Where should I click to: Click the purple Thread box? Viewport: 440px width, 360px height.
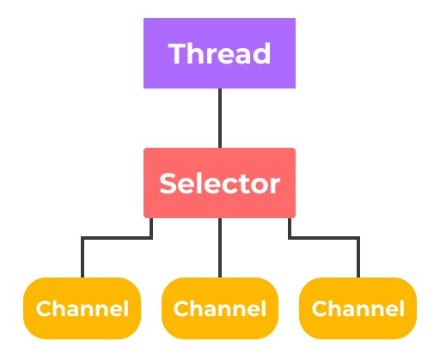click(219, 53)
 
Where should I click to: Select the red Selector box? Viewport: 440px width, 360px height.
click(219, 183)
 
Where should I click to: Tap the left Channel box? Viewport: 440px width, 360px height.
click(82, 308)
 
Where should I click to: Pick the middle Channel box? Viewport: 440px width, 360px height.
click(220, 308)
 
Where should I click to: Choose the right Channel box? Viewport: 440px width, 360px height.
click(357, 308)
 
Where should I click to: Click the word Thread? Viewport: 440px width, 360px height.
click(219, 53)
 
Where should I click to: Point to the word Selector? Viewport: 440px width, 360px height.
click(219, 183)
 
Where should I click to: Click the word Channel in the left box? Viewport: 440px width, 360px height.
click(82, 308)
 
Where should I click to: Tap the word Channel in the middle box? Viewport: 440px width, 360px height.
click(220, 308)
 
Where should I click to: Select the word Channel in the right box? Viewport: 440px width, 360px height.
click(358, 308)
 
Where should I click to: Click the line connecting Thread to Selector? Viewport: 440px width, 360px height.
click(220, 118)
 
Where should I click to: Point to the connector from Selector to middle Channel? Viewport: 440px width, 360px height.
click(220, 247)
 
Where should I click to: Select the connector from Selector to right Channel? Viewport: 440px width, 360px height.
click(325, 238)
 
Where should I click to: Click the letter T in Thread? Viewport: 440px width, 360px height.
click(178, 53)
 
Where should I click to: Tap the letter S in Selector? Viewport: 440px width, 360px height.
click(168, 183)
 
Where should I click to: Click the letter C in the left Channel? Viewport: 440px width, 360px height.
click(45, 308)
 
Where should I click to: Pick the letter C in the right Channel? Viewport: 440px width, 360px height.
click(321, 308)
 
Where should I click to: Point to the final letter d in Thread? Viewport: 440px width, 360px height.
click(262, 53)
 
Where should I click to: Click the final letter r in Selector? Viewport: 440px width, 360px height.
click(274, 186)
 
